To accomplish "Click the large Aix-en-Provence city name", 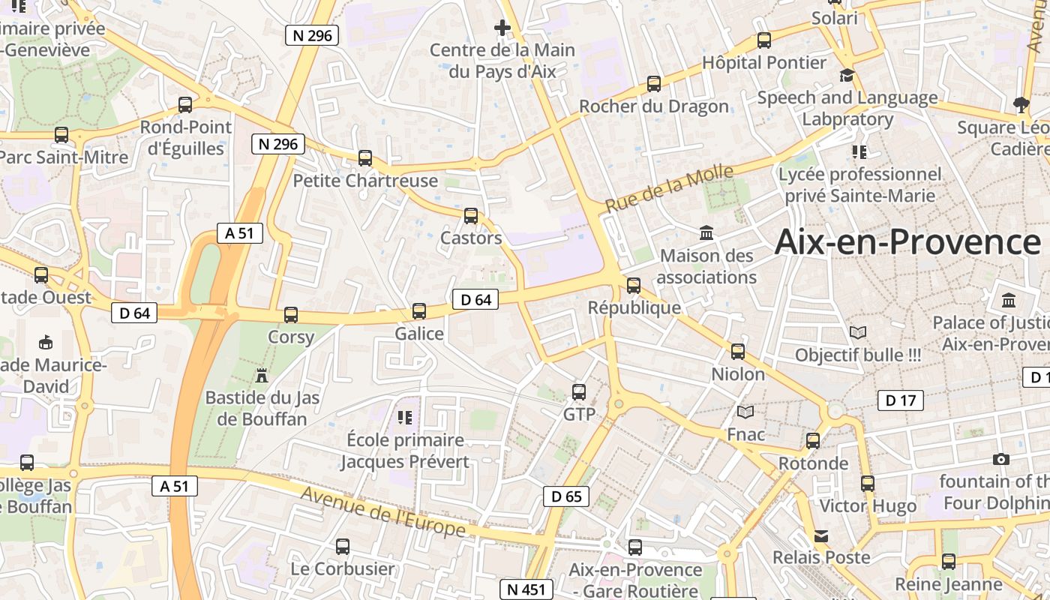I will tap(907, 242).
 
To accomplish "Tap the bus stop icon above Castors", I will tap(471, 216).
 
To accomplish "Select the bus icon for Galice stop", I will tap(419, 310).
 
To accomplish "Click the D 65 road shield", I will tap(566, 496).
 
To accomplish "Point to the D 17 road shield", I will tap(901, 400).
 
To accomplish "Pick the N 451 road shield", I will tap(526, 589).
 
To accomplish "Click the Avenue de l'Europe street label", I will tap(383, 511).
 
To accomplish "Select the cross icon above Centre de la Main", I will tap(502, 28).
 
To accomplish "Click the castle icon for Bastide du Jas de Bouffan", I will tap(262, 374).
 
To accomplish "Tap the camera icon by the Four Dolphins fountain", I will tap(1000, 459).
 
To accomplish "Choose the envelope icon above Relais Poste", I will tap(822, 536).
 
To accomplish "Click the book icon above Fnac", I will tap(745, 412).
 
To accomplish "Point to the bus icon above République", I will tap(634, 285).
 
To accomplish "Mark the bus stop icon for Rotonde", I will tap(813, 441).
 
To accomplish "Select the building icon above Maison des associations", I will tap(706, 233).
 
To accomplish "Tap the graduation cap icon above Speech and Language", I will tap(847, 75).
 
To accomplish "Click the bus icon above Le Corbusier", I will tap(343, 547).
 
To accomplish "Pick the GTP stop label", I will tap(579, 414).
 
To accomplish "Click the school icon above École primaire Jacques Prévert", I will tap(405, 417).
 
